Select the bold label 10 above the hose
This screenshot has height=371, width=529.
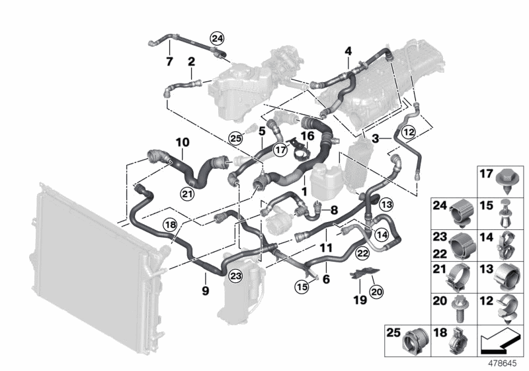pyautogui.click(x=182, y=142)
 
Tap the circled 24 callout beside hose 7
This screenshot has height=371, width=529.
pyautogui.click(x=217, y=38)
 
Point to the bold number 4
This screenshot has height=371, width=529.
pyautogui.click(x=348, y=51)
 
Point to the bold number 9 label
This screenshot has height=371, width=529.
pyautogui.click(x=205, y=291)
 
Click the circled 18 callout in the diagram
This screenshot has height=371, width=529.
pyautogui.click(x=170, y=225)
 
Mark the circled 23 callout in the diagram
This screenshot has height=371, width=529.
pyautogui.click(x=236, y=277)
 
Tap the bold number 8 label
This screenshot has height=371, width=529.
pyautogui.click(x=333, y=210)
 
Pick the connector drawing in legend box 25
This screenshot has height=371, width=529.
pyautogui.click(x=415, y=339)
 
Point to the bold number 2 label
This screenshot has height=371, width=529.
pyautogui.click(x=191, y=63)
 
